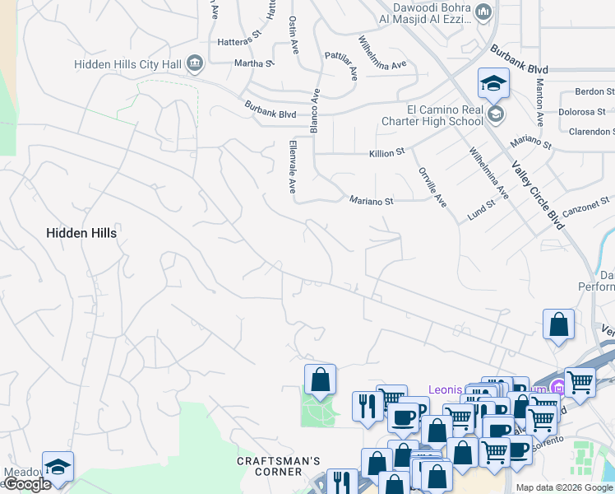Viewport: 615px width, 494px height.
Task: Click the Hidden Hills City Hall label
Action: (127, 63)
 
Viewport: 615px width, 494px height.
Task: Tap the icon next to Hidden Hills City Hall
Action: (195, 63)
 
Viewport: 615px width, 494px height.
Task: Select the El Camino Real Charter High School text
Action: (432, 114)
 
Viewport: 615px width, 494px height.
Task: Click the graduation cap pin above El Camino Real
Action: (493, 84)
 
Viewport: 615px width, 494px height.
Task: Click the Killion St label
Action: (388, 152)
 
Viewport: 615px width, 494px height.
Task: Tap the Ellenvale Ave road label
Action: (292, 166)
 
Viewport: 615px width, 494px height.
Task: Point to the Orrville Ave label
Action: (432, 188)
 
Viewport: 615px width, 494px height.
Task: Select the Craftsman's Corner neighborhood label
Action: (278, 466)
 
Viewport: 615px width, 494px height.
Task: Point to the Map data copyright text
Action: (563, 487)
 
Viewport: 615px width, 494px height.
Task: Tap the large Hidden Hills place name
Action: (81, 233)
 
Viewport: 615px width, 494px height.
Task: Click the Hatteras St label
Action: (238, 37)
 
